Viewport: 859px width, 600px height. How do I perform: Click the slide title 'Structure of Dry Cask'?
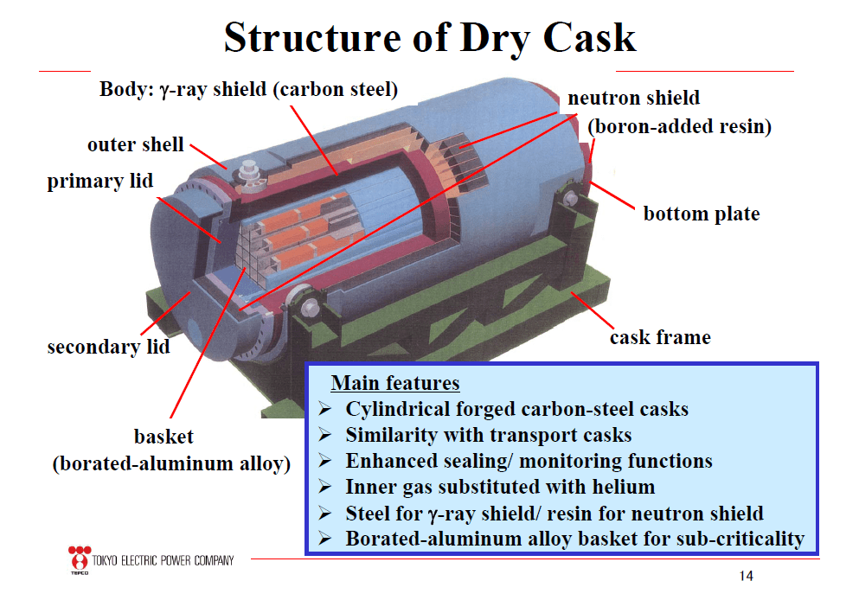tap(430, 36)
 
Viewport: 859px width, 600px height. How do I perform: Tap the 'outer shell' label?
tap(136, 144)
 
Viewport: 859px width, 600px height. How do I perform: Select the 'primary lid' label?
tap(100, 182)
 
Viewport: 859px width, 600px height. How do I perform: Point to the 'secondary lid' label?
tap(108, 347)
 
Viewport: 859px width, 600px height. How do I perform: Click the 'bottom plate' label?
tap(702, 213)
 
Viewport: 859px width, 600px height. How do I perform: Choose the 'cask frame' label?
tap(660, 336)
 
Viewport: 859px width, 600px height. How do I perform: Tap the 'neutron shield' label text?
tap(634, 98)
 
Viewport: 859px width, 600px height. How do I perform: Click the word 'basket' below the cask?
tap(163, 436)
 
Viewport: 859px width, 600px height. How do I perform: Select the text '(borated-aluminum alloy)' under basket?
tap(171, 463)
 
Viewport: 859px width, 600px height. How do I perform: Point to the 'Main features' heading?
tap(395, 383)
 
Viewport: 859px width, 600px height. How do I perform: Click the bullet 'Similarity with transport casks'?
tap(489, 435)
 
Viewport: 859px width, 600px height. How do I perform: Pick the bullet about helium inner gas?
tap(500, 487)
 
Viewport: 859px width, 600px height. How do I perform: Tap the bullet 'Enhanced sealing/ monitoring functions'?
tap(529, 461)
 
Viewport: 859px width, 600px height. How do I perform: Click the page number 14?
tap(747, 576)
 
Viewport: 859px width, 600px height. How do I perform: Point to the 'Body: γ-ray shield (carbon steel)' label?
tap(248, 89)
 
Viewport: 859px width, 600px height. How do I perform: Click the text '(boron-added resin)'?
tap(679, 126)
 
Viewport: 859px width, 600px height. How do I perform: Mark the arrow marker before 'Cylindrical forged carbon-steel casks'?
tap(325, 409)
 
